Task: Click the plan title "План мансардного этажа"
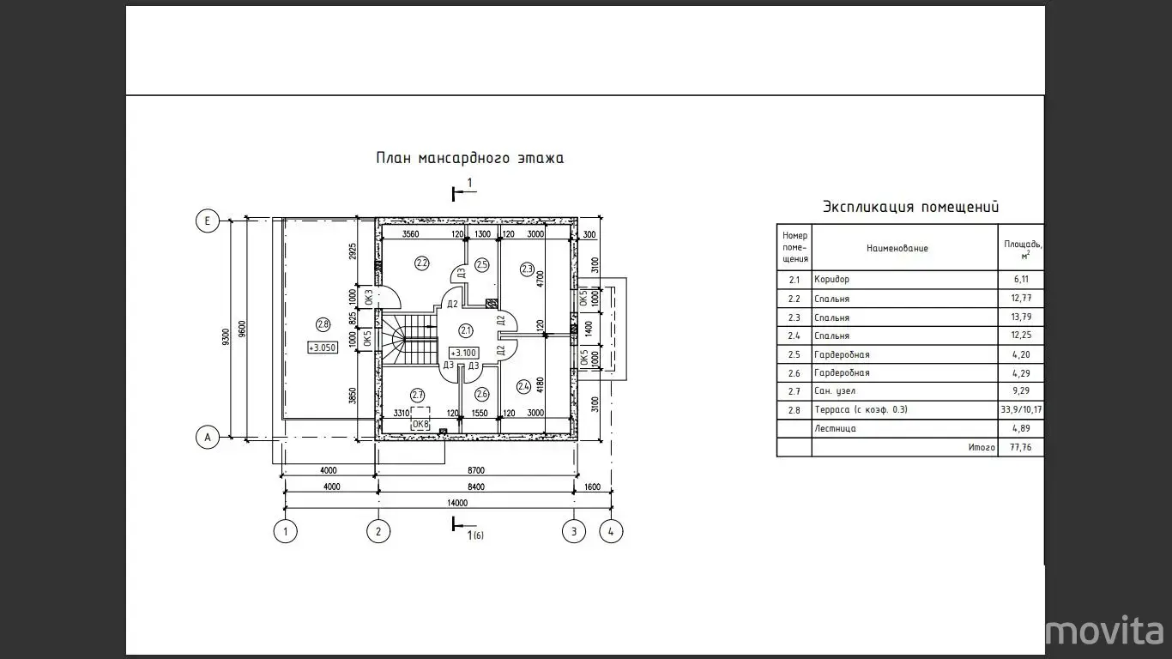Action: tap(470, 158)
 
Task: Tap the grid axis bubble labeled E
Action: tap(207, 221)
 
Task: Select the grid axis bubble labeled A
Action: tap(207, 437)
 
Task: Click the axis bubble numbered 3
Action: tap(573, 531)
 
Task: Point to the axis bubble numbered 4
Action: tap(611, 531)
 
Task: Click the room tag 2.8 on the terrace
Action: tap(323, 324)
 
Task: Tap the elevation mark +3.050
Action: tap(323, 348)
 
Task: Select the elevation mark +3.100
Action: tap(464, 353)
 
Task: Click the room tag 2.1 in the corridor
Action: tap(466, 331)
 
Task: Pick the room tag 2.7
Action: tap(417, 396)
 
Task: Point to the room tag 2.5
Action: tap(482, 265)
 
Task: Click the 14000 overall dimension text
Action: tap(456, 503)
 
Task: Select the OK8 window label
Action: tap(420, 424)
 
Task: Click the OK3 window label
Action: tap(368, 297)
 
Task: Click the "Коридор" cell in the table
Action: tap(831, 280)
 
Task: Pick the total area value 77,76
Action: tap(1021, 448)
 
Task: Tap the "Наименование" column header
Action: tap(897, 248)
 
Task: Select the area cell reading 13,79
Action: tap(1021, 317)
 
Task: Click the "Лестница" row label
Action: tap(835, 429)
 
